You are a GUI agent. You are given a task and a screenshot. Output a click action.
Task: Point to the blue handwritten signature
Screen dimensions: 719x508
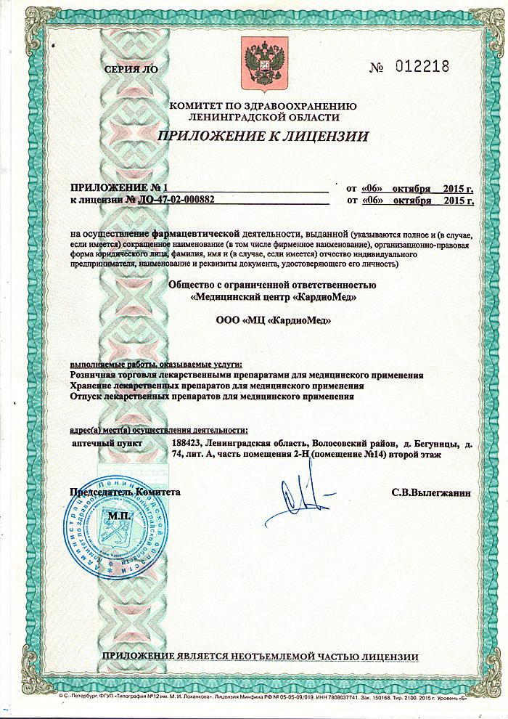298,500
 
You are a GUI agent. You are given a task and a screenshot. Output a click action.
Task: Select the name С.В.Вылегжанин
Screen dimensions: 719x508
431,492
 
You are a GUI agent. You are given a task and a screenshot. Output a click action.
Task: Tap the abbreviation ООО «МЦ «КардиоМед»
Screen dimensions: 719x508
263,321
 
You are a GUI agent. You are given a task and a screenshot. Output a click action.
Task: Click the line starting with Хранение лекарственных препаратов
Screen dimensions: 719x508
213,386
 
